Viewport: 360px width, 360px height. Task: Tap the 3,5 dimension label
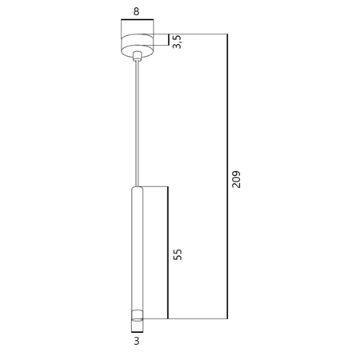pos(177,42)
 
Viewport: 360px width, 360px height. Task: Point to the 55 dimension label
pos(178,254)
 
